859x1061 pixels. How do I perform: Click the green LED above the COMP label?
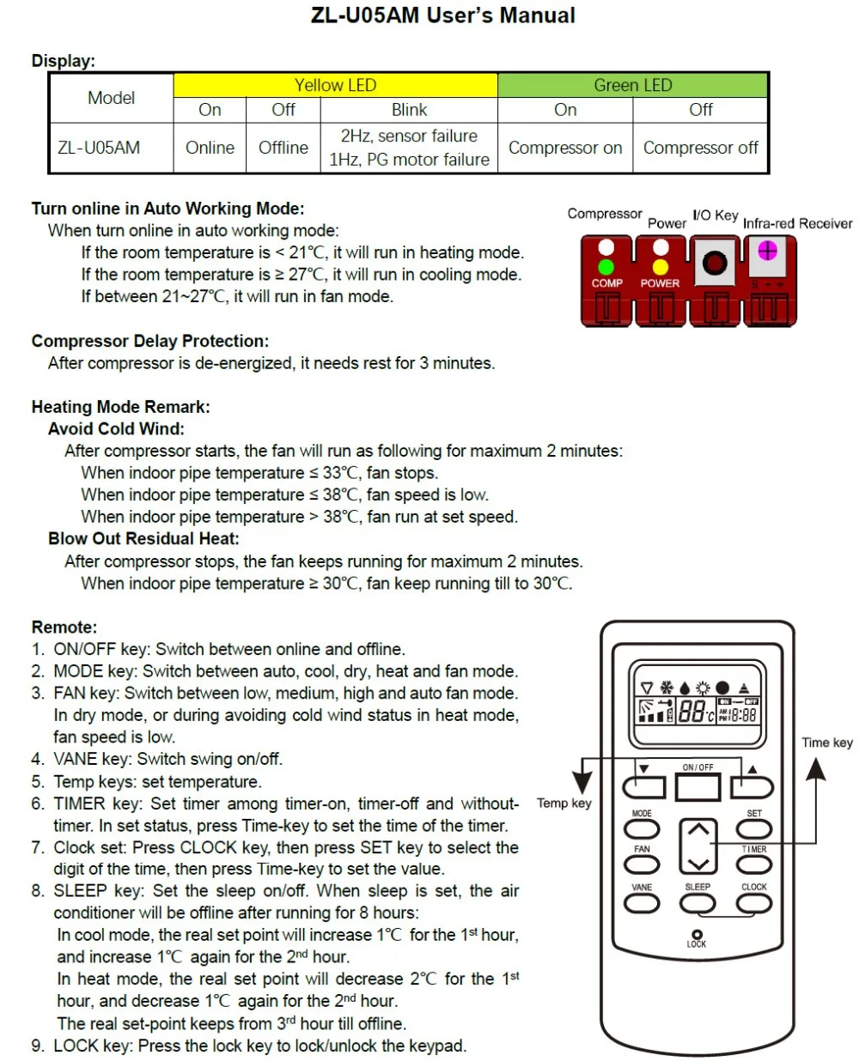click(606, 267)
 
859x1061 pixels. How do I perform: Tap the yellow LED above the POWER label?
click(661, 267)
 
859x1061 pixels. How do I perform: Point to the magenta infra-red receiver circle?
click(767, 251)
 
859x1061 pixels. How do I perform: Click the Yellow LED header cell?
click(335, 85)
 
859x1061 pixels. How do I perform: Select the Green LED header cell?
click(633, 85)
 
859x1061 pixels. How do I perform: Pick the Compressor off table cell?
click(700, 148)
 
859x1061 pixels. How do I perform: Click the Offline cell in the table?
click(283, 148)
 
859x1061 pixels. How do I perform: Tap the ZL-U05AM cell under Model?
click(99, 148)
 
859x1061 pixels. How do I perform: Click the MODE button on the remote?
click(642, 828)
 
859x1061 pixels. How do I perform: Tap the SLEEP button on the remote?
click(698, 902)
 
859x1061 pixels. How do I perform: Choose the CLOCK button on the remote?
click(753, 902)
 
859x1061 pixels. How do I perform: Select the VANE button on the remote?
click(642, 902)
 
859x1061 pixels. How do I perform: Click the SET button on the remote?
click(753, 828)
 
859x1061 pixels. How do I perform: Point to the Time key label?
click(827, 743)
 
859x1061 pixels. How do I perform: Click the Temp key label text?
click(564, 803)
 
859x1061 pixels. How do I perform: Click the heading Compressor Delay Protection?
click(150, 341)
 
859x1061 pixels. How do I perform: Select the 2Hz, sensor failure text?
click(409, 136)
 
